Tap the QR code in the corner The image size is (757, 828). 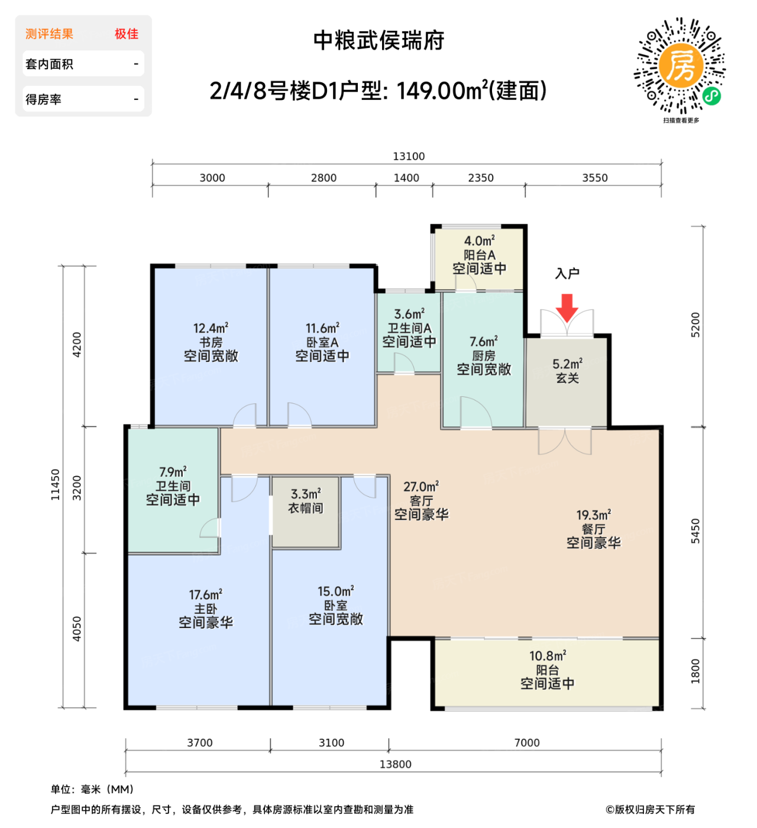(x=680, y=66)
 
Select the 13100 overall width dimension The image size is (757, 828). (x=409, y=156)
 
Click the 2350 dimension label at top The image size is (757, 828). (x=480, y=177)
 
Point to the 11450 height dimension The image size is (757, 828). (x=55, y=485)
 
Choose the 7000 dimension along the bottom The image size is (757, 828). (x=526, y=743)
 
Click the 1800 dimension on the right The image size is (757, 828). (x=695, y=671)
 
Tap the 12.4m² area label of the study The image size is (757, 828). (x=211, y=328)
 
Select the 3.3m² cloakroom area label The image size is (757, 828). (x=306, y=494)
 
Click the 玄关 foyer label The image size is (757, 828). (x=567, y=379)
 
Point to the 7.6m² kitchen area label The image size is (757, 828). (x=483, y=342)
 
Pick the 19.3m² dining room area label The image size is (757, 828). (x=594, y=515)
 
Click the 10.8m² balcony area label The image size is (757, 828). (x=548, y=656)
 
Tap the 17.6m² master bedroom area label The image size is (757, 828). (x=206, y=595)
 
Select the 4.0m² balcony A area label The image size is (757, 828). (x=479, y=241)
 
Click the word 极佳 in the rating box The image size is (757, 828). (x=126, y=34)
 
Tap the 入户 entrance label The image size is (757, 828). (x=567, y=273)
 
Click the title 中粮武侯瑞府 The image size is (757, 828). (x=378, y=41)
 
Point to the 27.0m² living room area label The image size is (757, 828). (x=421, y=487)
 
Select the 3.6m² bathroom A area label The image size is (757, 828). (x=409, y=314)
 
